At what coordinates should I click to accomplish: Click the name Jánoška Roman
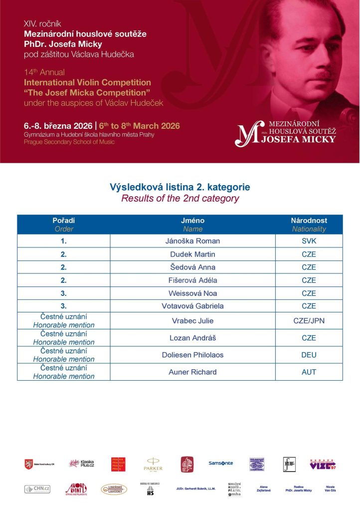[x=192, y=241]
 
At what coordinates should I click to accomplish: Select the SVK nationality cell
[x=309, y=241]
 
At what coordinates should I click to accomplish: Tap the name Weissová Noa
[x=192, y=293]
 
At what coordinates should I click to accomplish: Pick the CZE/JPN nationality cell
[x=309, y=320]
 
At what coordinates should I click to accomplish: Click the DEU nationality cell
[x=309, y=355]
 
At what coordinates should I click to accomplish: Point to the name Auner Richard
[x=192, y=372]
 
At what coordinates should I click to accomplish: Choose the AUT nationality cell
[x=309, y=372]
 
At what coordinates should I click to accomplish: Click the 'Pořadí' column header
[x=64, y=221]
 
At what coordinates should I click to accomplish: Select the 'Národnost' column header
[x=309, y=221]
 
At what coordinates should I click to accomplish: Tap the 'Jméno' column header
[x=192, y=221]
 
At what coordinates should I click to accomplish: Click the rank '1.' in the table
[x=64, y=241]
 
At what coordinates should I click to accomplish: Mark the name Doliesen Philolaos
[x=192, y=355]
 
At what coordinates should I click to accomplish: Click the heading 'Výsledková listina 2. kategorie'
[x=180, y=187]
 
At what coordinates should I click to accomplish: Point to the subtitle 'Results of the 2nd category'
[x=180, y=198]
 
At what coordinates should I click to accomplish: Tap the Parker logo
[x=153, y=464]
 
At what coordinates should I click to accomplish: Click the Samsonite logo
[x=220, y=463]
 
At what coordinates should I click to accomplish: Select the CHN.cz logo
[x=37, y=489]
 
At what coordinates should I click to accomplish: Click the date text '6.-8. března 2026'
[x=57, y=126]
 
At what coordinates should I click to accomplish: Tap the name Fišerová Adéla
[x=192, y=280]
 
